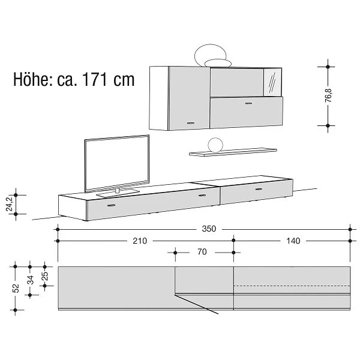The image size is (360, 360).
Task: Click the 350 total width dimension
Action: coord(209,229)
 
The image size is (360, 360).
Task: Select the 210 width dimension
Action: coord(140,241)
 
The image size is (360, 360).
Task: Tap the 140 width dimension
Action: coord(293,241)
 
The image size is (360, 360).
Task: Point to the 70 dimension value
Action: coord(202,252)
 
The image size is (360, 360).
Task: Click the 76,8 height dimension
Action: coord(329,95)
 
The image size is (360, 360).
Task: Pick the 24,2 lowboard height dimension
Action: coord(10,204)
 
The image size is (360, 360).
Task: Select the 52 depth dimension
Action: coord(16,289)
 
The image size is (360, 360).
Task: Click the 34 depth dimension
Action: coord(31,280)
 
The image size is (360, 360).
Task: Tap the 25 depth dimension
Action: coord(45,276)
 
